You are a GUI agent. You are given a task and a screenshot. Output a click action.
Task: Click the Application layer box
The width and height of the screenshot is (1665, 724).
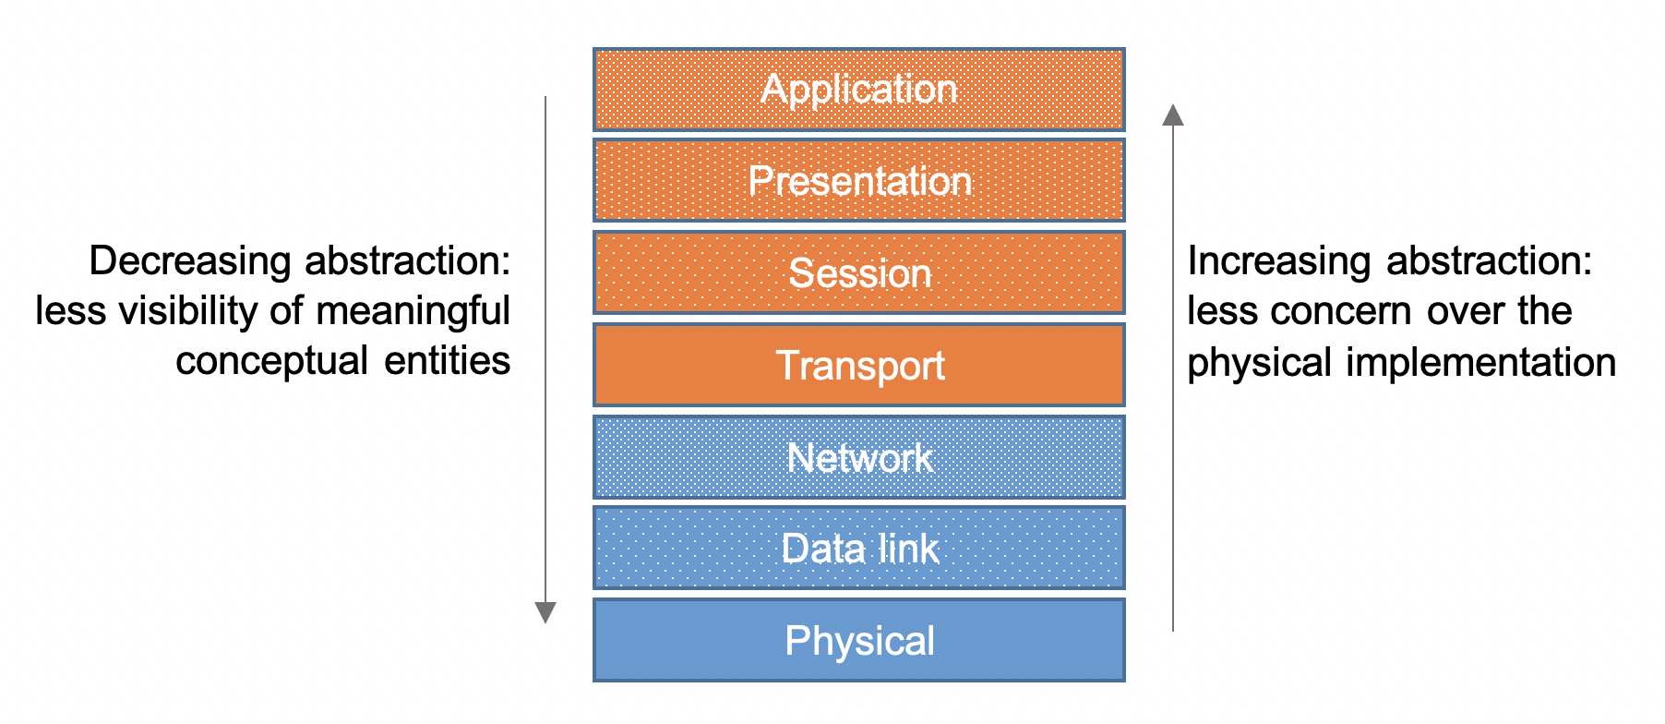click(x=858, y=90)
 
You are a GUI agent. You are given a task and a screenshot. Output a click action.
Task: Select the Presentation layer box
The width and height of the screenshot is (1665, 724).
click(x=858, y=180)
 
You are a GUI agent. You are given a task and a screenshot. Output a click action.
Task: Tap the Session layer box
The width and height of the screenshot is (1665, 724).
click(x=858, y=272)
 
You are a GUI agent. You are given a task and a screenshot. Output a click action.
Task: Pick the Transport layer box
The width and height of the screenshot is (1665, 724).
click(x=858, y=365)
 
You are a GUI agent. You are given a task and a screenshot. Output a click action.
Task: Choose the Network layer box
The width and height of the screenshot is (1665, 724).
click(x=858, y=457)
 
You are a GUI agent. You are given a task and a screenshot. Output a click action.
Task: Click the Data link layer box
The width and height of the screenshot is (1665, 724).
click(x=858, y=548)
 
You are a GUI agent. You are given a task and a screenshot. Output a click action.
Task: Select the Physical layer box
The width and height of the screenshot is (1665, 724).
click(x=858, y=640)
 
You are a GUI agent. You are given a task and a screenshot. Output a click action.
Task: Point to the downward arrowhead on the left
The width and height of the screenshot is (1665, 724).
click(x=545, y=612)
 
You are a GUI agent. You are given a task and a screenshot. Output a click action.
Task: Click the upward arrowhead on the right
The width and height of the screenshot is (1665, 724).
click(x=1173, y=115)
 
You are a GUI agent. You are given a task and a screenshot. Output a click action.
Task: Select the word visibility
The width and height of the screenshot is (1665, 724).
click(x=191, y=311)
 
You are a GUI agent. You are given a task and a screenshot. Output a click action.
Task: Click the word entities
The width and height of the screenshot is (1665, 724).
click(x=448, y=360)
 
